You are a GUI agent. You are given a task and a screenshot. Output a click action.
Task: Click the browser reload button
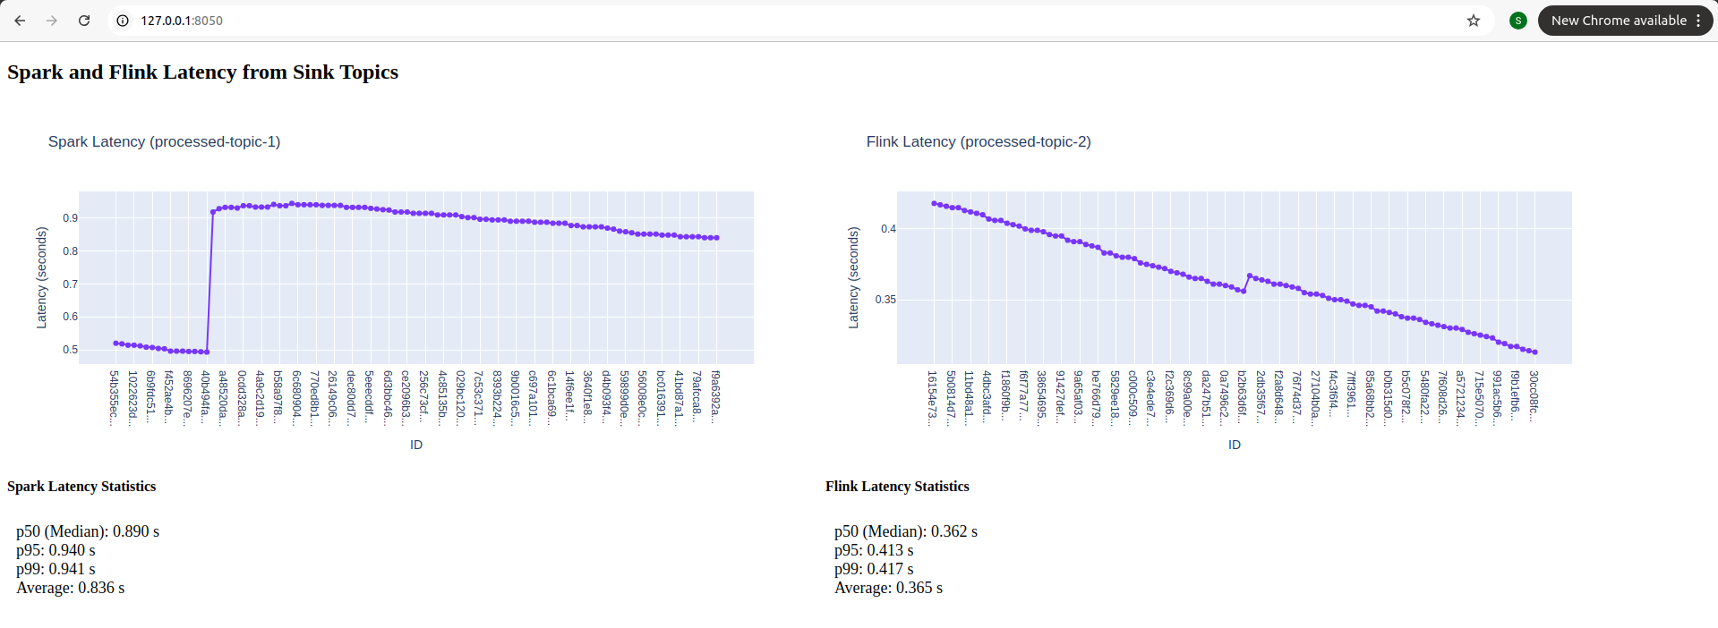84,21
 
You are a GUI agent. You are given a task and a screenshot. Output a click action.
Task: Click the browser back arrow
20,21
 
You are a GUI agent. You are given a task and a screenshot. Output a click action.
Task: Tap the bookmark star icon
1473,21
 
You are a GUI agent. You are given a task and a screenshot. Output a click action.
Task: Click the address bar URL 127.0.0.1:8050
182,21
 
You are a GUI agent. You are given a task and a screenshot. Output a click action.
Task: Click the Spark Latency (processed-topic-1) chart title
164,141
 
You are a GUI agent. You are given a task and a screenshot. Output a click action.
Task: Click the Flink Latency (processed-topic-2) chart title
978,141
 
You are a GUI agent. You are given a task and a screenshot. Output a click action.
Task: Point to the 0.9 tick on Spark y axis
70,218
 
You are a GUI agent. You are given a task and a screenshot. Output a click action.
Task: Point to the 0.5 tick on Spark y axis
70,350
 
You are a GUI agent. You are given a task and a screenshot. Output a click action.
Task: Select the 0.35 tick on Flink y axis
885,300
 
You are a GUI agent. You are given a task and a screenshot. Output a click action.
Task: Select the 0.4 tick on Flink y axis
887,229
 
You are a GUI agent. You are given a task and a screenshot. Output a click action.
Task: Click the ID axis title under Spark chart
416,445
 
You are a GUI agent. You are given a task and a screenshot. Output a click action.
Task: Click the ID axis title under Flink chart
1234,445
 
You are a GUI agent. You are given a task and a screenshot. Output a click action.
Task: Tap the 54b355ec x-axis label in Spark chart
114,398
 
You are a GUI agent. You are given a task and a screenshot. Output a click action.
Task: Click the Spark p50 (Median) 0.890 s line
88,531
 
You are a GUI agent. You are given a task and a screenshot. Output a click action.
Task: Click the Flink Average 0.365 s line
888,588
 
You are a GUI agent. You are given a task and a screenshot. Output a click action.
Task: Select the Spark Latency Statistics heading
81,487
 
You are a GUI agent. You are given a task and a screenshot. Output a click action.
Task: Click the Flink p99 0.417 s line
874,569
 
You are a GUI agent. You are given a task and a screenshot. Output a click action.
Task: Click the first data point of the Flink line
934,203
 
